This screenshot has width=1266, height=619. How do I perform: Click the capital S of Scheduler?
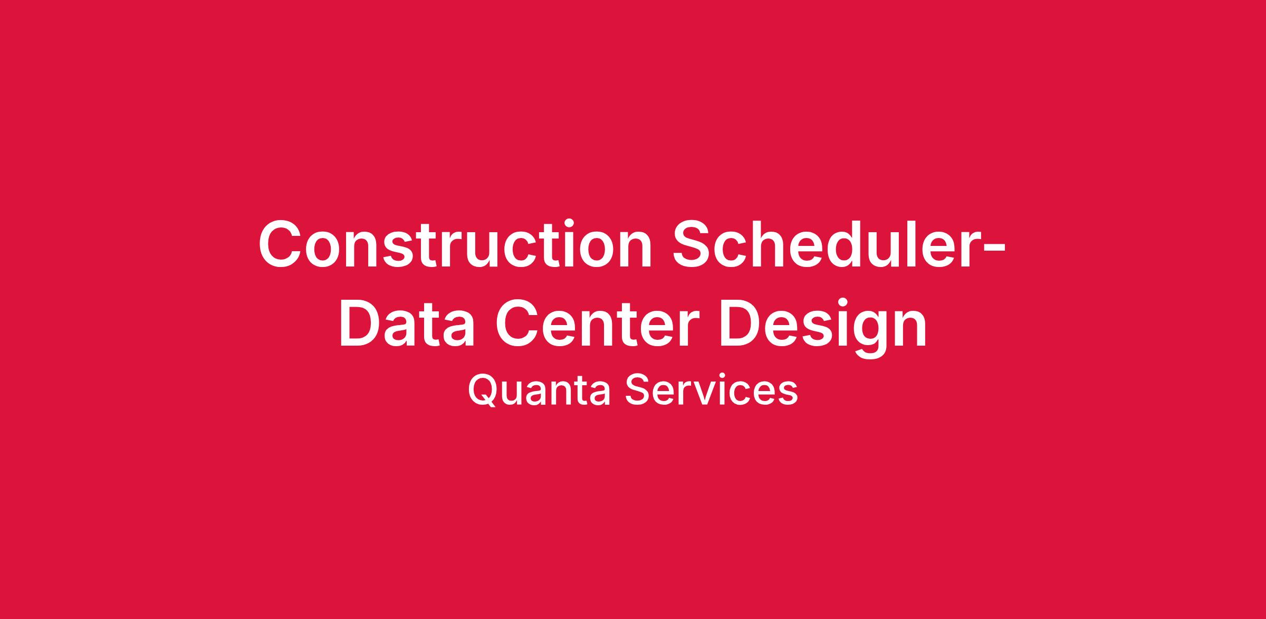coord(694,242)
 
